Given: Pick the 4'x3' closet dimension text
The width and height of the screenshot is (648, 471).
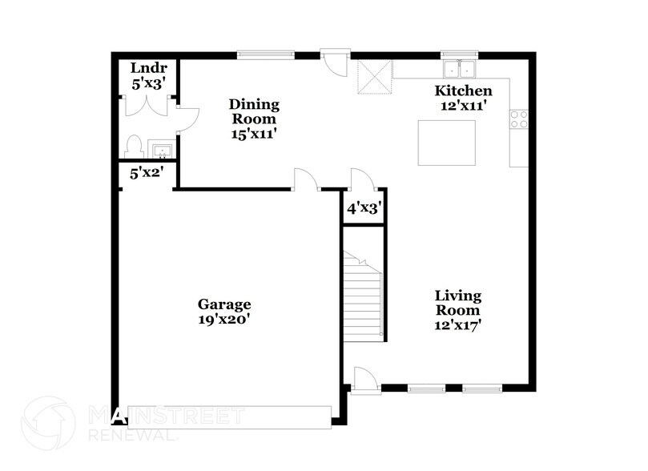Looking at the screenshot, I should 362,208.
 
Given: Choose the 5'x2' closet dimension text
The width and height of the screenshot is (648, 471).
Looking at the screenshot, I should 146,171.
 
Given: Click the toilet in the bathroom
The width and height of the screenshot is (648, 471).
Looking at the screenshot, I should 134,147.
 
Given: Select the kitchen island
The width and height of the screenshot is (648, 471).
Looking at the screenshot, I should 446,143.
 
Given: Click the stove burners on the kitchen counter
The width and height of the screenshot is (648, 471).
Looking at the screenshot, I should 518,119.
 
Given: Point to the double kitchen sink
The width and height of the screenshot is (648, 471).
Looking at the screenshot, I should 460,67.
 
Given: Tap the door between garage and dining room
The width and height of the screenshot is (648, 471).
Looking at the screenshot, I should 305,180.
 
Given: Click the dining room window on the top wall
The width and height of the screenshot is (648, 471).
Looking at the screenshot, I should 266,55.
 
